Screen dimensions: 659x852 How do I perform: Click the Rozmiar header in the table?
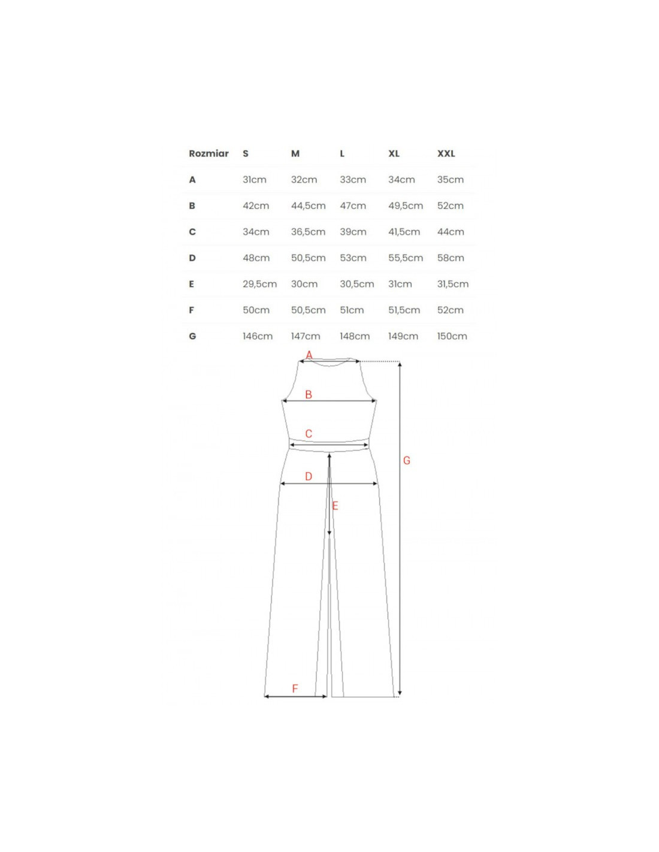208,153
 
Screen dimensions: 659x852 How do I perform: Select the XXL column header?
446,153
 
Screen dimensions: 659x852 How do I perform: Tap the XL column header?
394,153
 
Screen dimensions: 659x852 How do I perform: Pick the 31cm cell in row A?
255,180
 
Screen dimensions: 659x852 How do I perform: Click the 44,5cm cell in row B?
308,206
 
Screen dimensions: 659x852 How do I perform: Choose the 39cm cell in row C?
353,232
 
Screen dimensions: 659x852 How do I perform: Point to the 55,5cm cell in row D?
406,258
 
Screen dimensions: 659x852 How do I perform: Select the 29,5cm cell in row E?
259,284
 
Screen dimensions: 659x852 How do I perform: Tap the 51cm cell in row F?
352,310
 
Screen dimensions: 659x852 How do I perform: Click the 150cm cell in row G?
452,336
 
